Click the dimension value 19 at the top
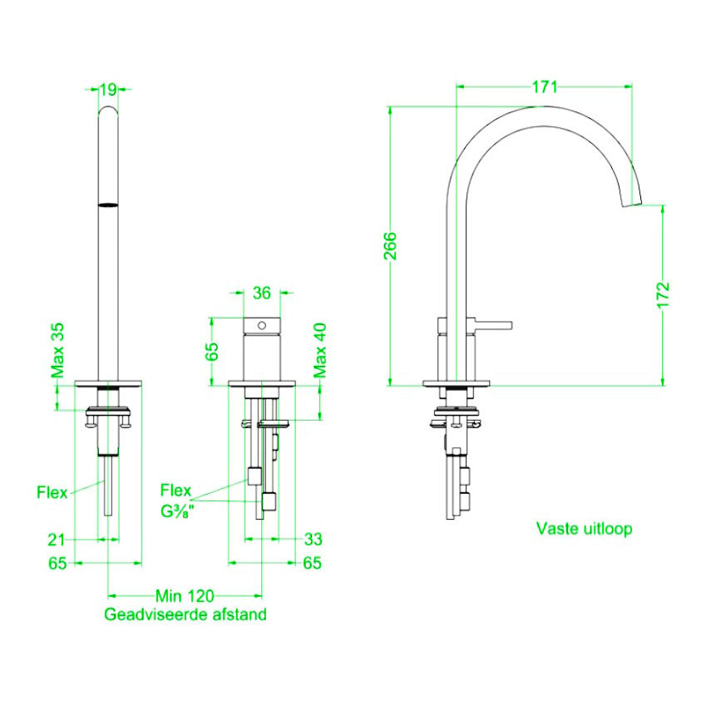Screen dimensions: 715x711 (x=108, y=88)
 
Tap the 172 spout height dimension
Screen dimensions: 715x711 (x=663, y=295)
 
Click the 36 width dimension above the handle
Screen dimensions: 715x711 (x=261, y=293)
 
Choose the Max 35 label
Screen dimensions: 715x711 (x=57, y=350)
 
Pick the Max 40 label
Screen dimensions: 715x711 (x=320, y=350)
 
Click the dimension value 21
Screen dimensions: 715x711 (x=56, y=540)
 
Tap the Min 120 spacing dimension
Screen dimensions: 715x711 (x=185, y=596)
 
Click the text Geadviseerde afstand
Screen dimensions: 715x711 (x=185, y=615)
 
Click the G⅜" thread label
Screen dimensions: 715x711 (x=177, y=510)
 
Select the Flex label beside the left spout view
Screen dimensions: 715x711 (x=52, y=491)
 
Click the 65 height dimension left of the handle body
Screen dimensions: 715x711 (x=212, y=349)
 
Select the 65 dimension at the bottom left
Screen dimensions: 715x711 (x=56, y=564)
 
